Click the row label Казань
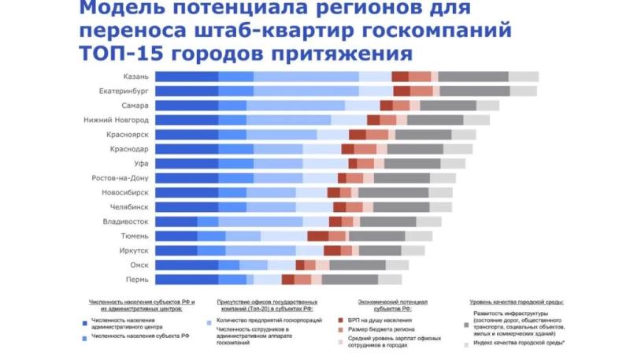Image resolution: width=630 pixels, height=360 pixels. click(x=135, y=76)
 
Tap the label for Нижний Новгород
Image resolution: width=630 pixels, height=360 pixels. click(x=116, y=120)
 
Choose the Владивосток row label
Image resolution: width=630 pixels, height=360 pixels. click(x=125, y=221)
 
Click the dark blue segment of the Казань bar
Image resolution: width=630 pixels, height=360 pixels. click(x=187, y=76)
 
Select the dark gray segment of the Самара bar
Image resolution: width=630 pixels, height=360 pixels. click(x=448, y=106)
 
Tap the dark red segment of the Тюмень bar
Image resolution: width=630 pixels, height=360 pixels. click(x=317, y=236)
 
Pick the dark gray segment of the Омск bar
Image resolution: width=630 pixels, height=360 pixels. click(x=358, y=265)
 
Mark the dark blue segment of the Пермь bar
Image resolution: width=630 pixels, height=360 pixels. click(x=187, y=280)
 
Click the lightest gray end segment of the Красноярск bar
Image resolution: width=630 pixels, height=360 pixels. click(x=464, y=135)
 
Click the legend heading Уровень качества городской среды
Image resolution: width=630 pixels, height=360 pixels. click(x=521, y=302)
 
